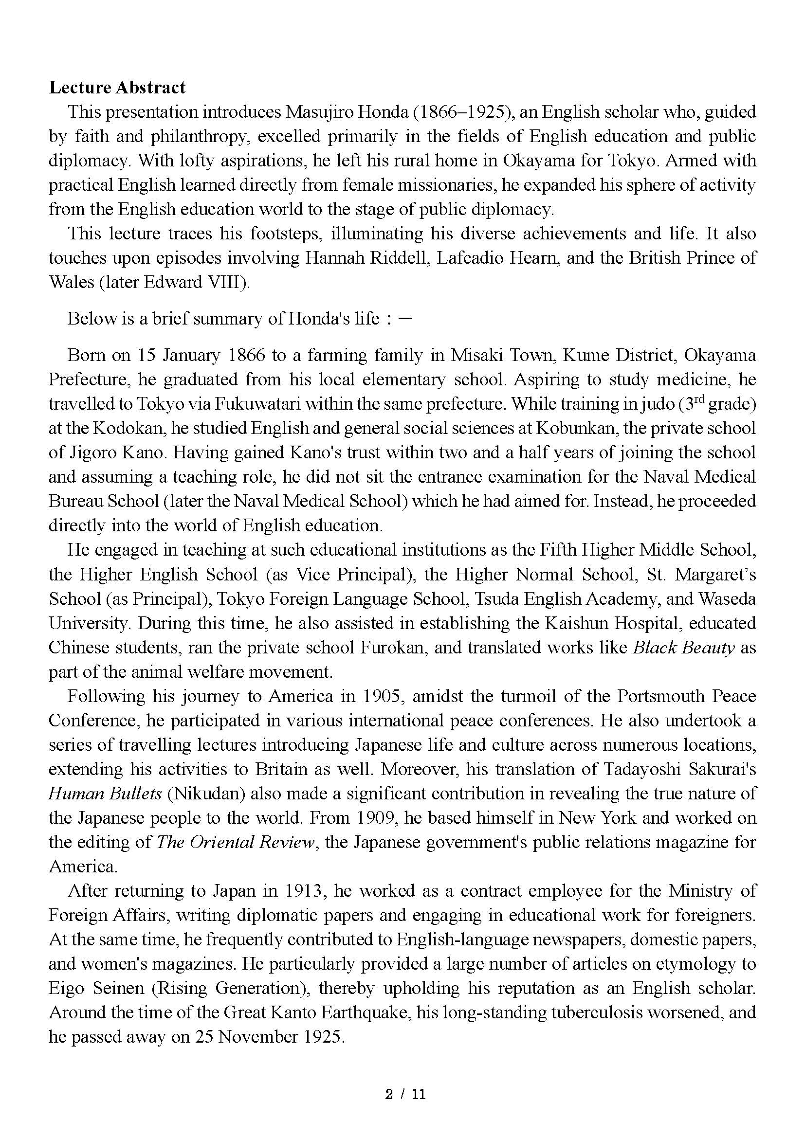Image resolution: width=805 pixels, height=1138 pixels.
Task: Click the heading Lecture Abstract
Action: click(x=117, y=87)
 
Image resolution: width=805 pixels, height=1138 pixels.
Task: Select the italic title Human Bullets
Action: click(x=105, y=794)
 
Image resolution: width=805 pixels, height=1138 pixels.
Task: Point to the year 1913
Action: click(x=305, y=891)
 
